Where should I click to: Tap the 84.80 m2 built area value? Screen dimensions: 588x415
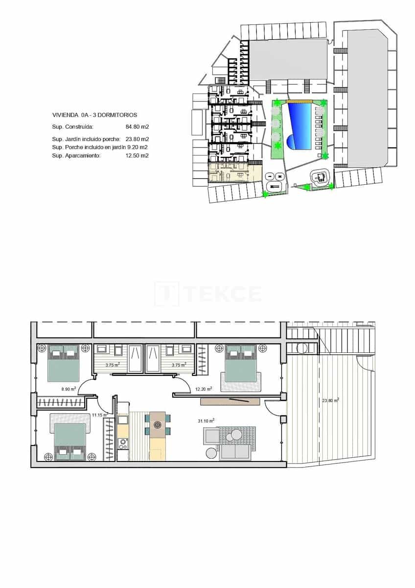point(138,126)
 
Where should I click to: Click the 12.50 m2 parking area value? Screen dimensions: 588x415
point(138,155)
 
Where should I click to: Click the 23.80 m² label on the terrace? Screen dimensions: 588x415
point(331,400)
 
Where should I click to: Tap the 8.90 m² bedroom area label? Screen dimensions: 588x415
point(68,389)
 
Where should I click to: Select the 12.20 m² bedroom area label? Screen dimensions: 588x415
point(204,389)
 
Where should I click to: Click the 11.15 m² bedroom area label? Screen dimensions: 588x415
point(99,415)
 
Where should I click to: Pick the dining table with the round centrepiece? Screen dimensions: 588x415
point(157,424)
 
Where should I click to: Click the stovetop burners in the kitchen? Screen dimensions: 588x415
point(123,443)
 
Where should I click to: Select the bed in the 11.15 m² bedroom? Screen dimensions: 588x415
point(70,441)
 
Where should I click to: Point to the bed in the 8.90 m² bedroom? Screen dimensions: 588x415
point(64,363)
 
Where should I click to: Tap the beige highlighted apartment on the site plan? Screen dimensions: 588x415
point(234,173)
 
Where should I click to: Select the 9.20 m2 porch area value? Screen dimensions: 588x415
point(138,147)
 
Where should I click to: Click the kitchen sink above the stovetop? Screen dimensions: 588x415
point(122,420)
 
